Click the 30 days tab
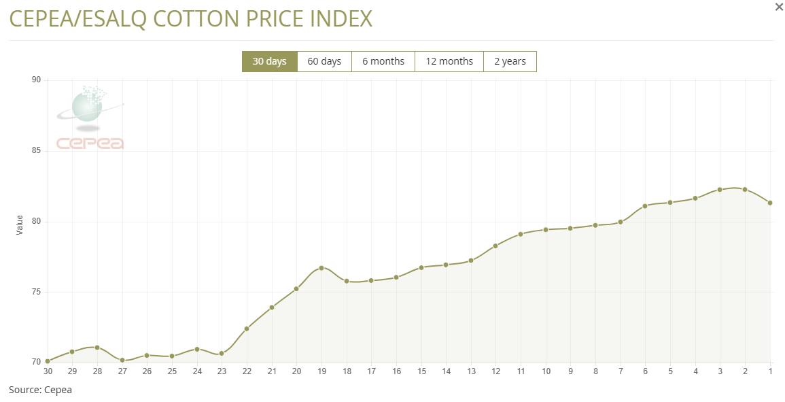pos(269,61)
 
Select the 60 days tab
pos(324,61)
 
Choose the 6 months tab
pos(383,61)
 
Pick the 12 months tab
pos(449,61)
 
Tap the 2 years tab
pos(510,61)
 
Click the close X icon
pos(779,7)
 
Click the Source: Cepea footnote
pos(40,390)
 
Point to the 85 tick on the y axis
pos(36,150)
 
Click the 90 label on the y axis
pos(36,80)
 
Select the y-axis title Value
pos(20,225)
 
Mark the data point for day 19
pos(321,268)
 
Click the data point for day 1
pos(770,203)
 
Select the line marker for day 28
pos(97,348)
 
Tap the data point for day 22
pos(247,329)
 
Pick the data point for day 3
pos(720,190)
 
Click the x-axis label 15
pos(421,371)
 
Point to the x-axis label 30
pos(48,371)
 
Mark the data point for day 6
pos(645,205)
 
